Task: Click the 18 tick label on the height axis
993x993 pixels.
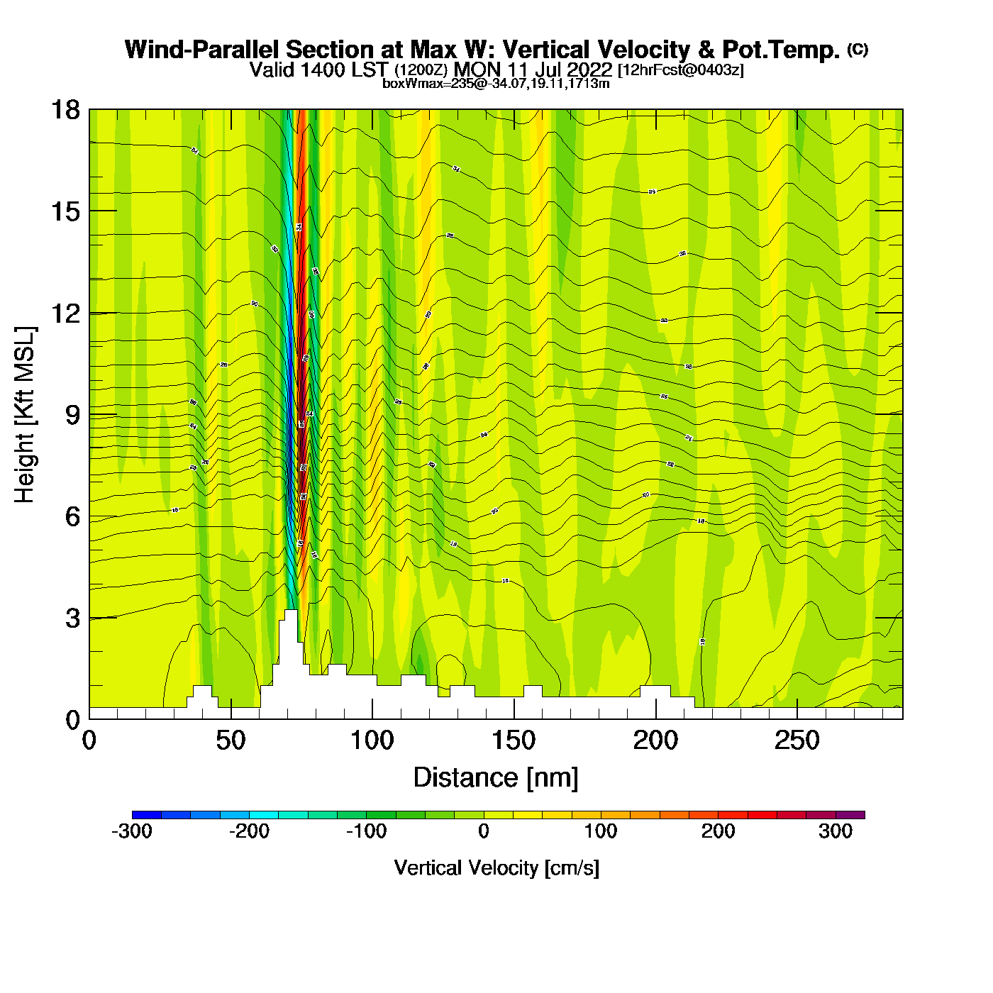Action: (65, 110)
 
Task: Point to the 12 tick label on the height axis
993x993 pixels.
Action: (65, 313)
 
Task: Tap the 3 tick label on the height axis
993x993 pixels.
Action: (72, 618)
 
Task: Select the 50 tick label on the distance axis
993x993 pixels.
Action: (231, 741)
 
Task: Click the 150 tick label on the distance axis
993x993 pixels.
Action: (514, 741)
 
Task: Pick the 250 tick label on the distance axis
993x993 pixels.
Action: (797, 741)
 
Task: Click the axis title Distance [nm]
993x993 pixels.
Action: (496, 778)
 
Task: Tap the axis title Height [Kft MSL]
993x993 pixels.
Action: (25, 415)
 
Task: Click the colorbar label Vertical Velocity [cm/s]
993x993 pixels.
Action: (496, 868)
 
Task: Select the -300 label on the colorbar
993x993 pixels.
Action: (132, 831)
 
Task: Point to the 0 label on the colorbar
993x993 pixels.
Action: (484, 831)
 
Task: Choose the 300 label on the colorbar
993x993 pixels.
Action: (836, 831)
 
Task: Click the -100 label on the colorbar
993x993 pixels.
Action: (367, 831)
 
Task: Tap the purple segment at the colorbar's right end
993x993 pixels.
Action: (850, 815)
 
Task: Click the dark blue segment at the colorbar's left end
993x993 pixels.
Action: (147, 815)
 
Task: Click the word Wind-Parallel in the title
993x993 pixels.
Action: (202, 50)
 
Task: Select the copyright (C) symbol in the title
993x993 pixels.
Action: (858, 49)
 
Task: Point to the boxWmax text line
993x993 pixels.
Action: (496, 84)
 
